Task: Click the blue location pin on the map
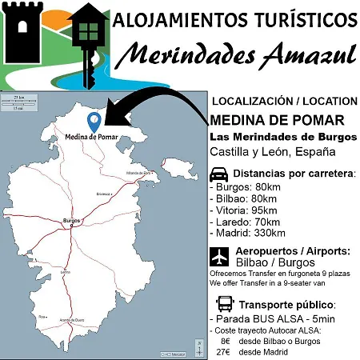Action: pyautogui.click(x=94, y=122)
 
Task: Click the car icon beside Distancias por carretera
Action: pyautogui.click(x=218, y=175)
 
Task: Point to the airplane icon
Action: pyautogui.click(x=218, y=256)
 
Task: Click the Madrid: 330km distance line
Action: pyautogui.click(x=247, y=233)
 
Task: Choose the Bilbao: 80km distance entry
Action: pyautogui.click(x=244, y=198)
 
